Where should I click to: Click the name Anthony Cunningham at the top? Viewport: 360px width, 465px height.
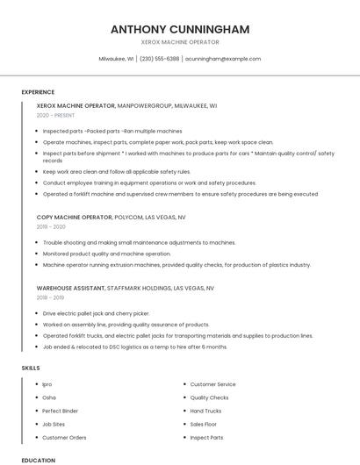180,29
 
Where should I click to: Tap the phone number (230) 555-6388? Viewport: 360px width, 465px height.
159,59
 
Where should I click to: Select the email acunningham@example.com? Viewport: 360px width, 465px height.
223,59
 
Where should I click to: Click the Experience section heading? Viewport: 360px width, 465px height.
38,91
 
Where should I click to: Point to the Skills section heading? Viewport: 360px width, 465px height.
30,368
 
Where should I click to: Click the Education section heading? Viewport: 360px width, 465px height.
38,460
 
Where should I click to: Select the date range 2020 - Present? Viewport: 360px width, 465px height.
56,115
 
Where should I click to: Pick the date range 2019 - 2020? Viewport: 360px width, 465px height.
51,226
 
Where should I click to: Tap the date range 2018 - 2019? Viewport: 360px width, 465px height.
51,297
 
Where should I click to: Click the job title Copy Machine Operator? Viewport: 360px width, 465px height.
74,216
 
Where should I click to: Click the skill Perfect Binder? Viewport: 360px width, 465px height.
60,411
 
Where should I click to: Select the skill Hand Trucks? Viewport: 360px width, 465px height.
205,411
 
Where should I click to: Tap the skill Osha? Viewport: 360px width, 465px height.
49,397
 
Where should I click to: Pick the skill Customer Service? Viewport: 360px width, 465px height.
212,384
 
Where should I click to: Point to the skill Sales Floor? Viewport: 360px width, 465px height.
204,424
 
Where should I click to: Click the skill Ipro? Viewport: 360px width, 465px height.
47,384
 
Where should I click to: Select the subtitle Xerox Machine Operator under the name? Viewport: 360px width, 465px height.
180,42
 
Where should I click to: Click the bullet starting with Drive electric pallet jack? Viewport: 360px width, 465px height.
96,313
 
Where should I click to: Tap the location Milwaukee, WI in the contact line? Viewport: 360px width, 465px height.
116,59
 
